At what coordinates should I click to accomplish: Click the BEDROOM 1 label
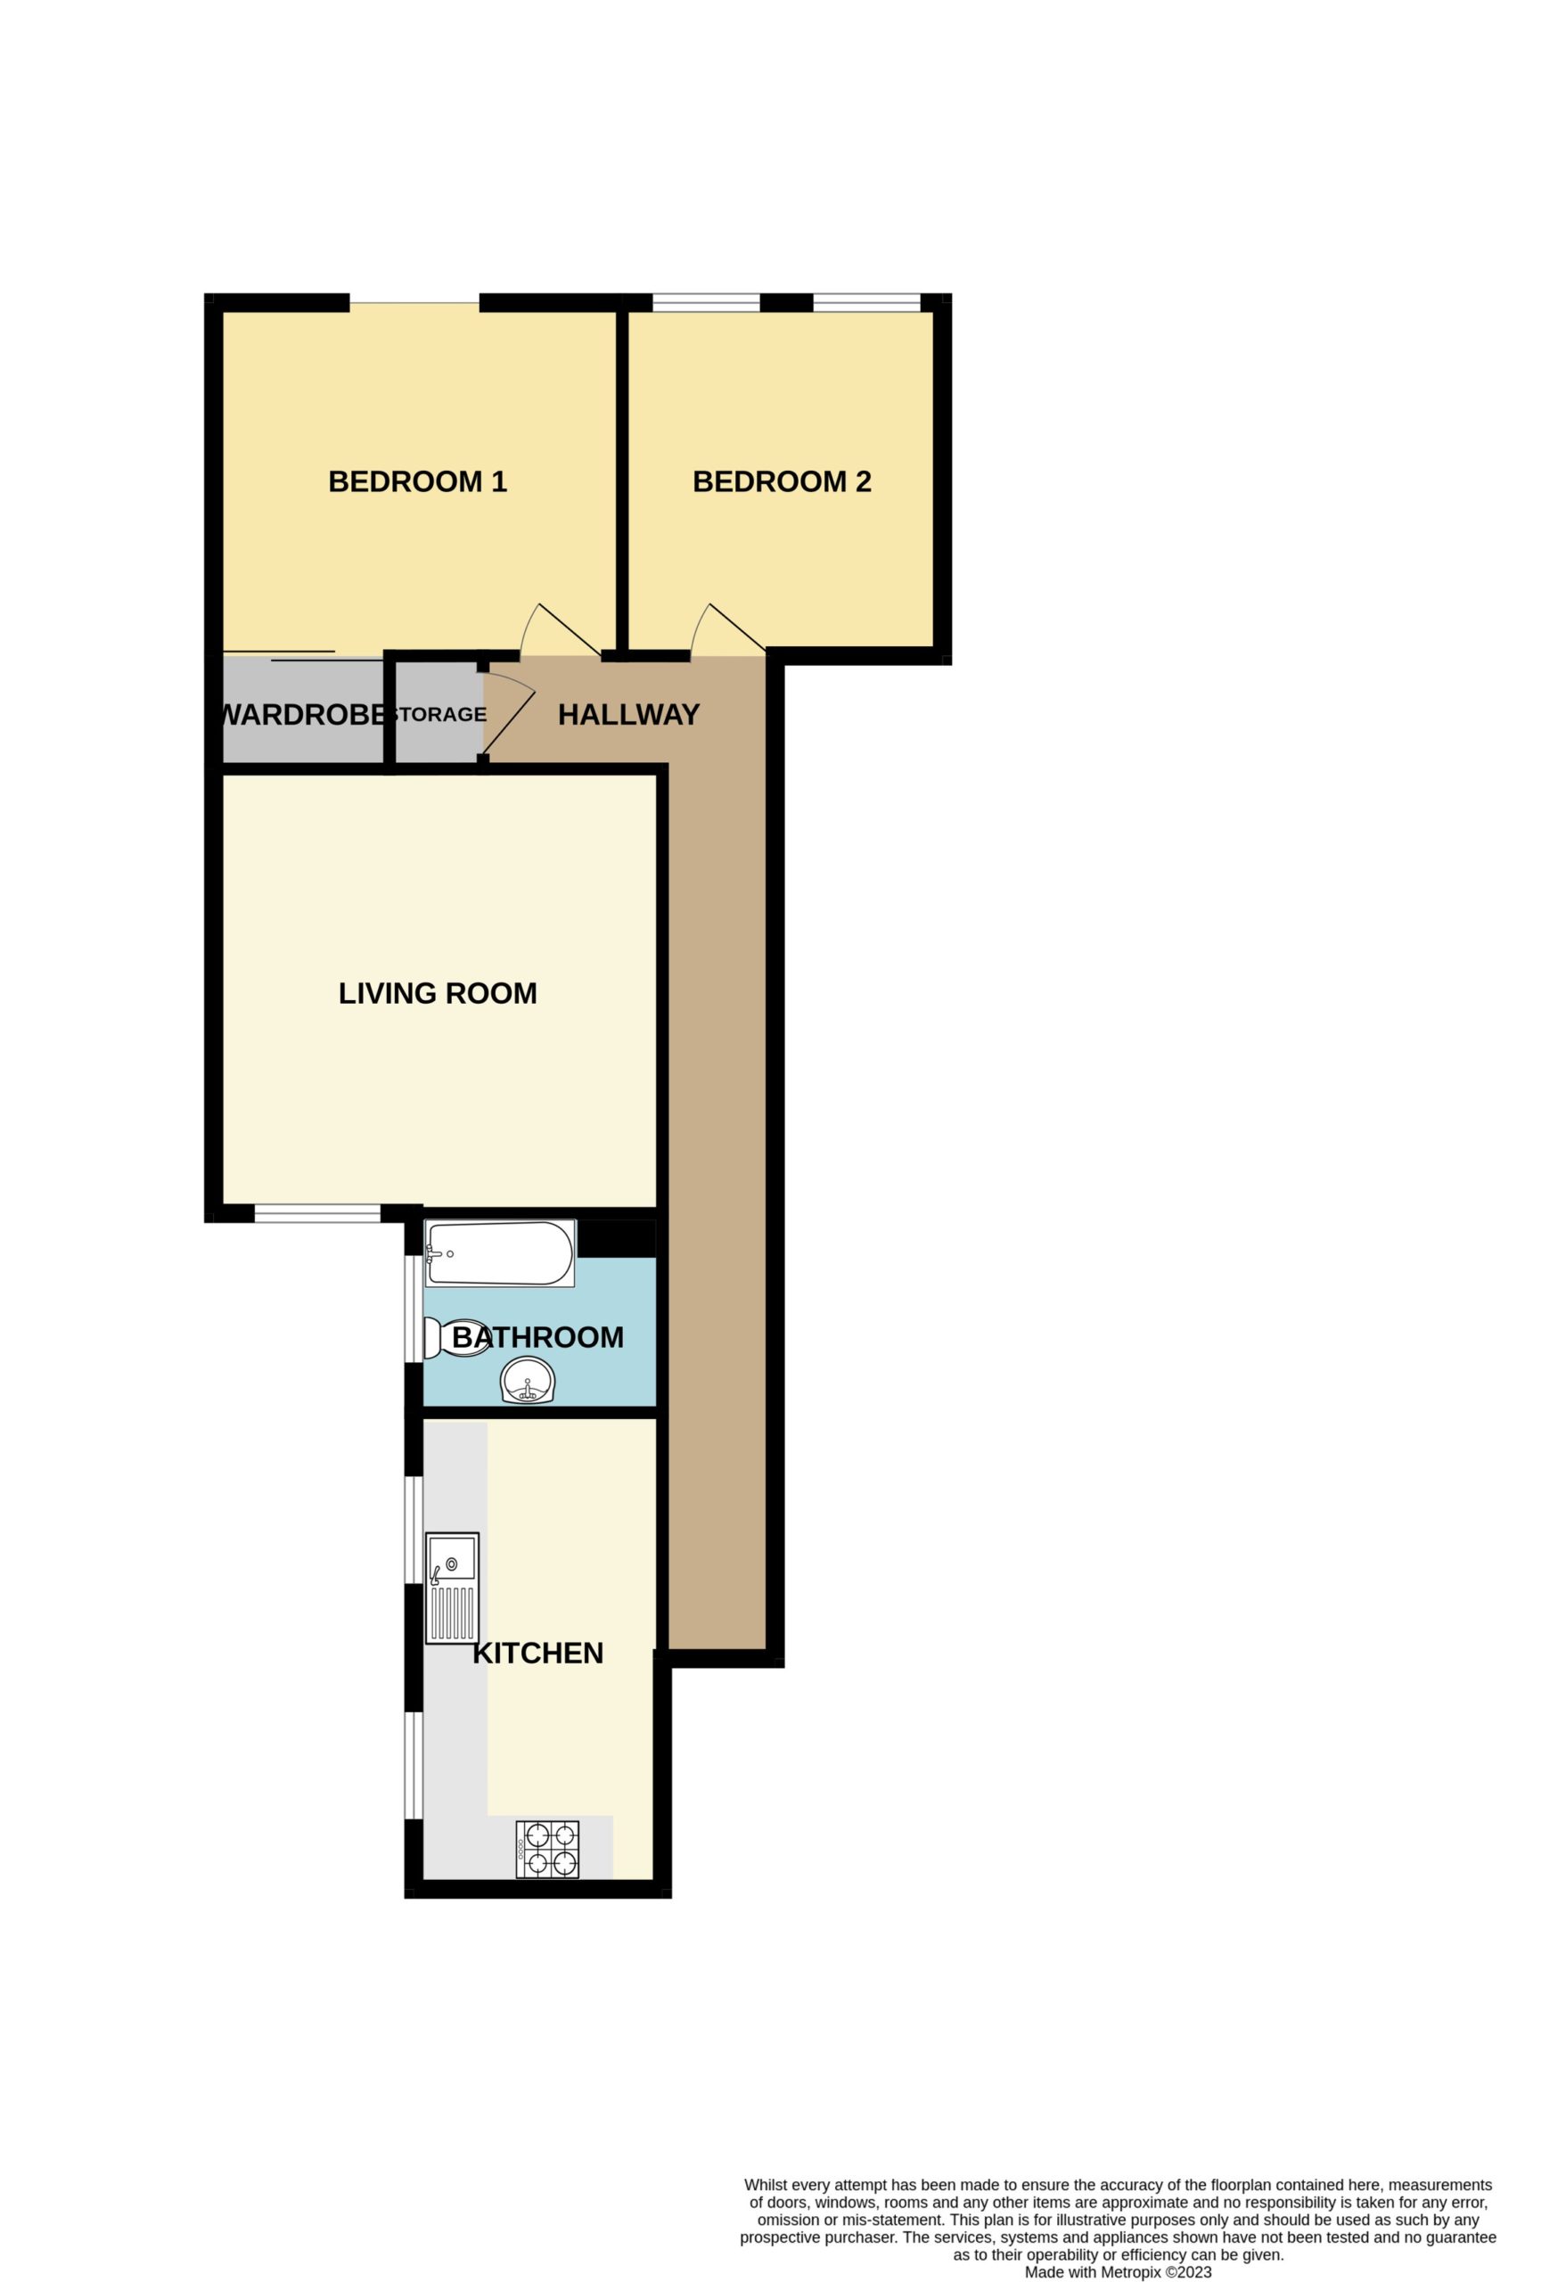[x=417, y=482]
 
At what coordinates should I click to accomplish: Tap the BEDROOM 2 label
[x=782, y=482]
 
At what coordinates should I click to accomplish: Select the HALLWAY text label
[x=628, y=715]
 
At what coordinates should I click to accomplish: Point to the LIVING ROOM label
[x=437, y=994]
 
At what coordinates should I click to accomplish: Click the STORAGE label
[x=438, y=715]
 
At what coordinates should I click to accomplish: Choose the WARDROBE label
[x=301, y=715]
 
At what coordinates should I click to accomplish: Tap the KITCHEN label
[x=538, y=1654]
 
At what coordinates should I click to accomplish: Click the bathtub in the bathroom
[x=500, y=1254]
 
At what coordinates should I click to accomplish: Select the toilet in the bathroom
[x=455, y=1338]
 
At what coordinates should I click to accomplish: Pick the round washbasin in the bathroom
[x=529, y=1382]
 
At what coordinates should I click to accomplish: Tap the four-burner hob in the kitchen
[x=547, y=1850]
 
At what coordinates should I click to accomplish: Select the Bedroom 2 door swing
[x=726, y=629]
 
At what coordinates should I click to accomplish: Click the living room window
[x=317, y=1215]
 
